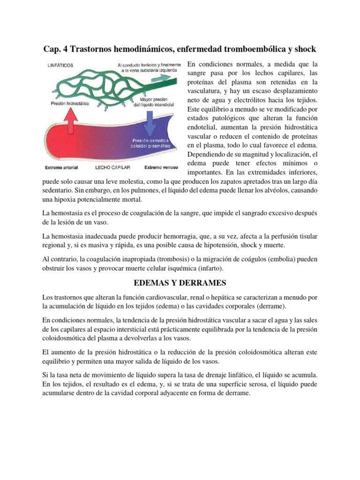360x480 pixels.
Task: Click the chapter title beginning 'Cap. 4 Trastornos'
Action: [180, 49]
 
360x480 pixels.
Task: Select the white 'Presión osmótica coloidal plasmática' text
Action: [152, 142]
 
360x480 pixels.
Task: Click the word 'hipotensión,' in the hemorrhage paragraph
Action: [236, 246]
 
